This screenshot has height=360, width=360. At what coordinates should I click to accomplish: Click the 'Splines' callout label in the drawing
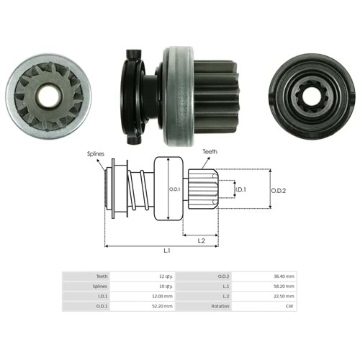(x=96, y=154)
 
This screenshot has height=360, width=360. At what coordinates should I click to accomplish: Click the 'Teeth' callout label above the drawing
(x=210, y=152)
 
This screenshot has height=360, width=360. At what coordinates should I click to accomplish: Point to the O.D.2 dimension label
(x=279, y=191)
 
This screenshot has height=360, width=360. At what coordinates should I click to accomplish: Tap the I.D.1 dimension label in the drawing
(x=240, y=189)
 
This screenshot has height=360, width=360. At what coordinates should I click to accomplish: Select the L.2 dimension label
(x=201, y=240)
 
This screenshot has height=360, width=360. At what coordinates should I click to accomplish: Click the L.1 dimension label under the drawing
(x=167, y=251)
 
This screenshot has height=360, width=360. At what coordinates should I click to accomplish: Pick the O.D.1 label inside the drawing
(x=175, y=189)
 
